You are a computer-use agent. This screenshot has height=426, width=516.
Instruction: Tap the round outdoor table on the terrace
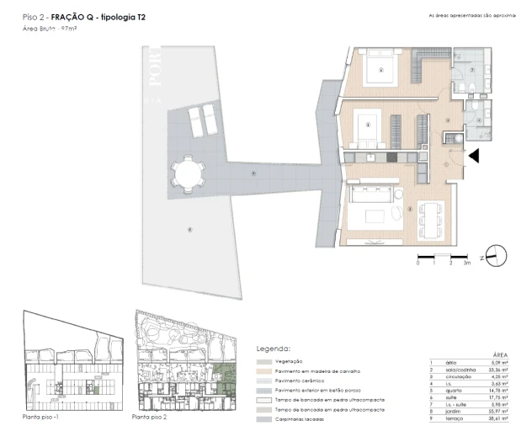click(186, 175)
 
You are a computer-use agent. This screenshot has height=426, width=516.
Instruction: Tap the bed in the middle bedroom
click(369, 129)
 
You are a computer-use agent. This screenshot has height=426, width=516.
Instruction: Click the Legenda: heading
click(274, 349)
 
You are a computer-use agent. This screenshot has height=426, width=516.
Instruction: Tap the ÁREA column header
click(497, 356)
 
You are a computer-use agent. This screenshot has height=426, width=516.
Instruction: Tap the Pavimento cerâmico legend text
click(301, 380)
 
